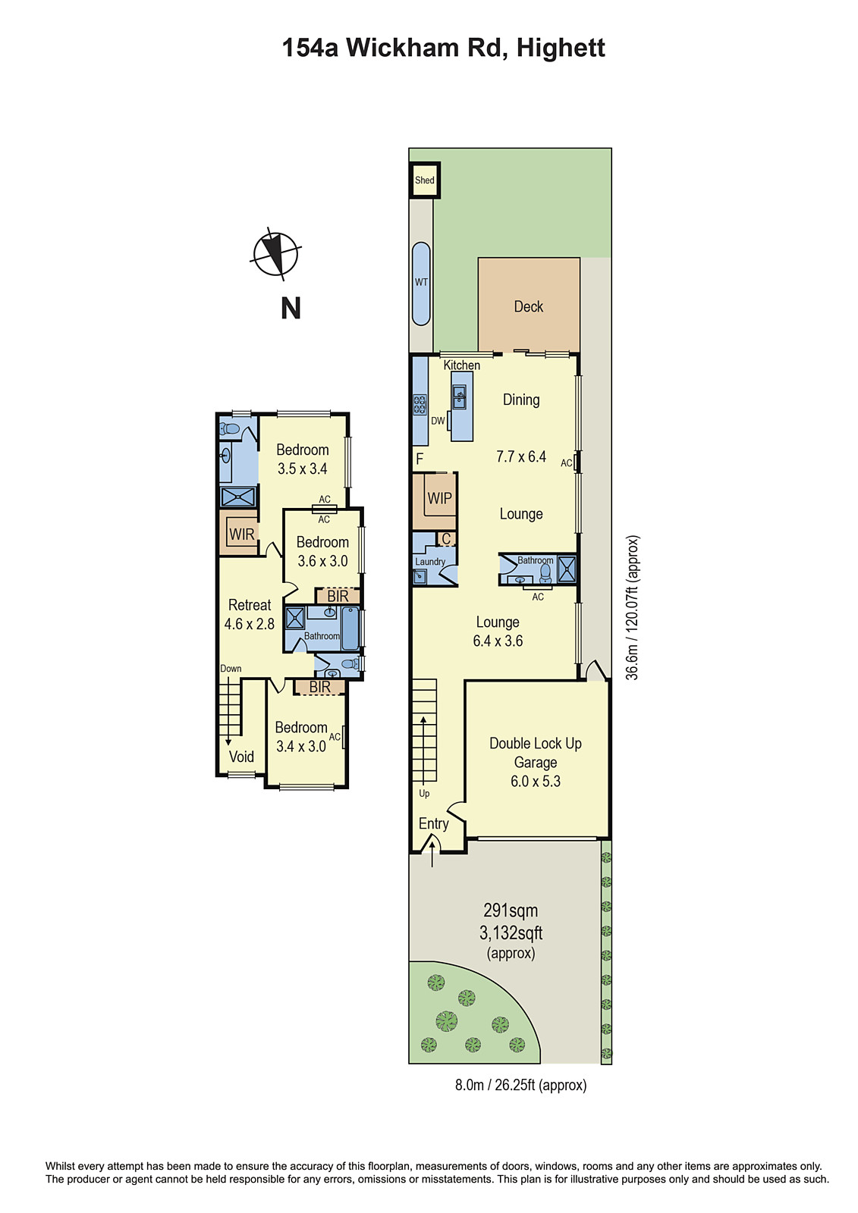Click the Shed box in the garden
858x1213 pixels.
(x=424, y=180)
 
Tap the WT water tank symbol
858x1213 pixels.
(x=421, y=283)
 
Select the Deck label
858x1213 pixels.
(x=528, y=306)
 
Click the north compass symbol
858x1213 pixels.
(x=275, y=253)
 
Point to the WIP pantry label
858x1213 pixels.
(x=439, y=498)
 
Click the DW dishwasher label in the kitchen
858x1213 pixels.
(x=438, y=421)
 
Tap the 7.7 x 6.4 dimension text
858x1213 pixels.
(x=520, y=456)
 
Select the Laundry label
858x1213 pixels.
(x=430, y=562)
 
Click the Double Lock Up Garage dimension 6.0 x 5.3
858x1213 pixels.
(x=535, y=782)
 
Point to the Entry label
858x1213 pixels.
(x=433, y=823)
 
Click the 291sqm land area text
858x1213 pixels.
(x=510, y=911)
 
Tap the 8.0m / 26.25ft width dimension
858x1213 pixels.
(x=520, y=1085)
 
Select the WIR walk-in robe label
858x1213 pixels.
(x=241, y=534)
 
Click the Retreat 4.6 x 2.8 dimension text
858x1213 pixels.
(x=249, y=624)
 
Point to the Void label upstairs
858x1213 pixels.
(x=241, y=757)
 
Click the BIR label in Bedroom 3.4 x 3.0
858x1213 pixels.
(x=319, y=687)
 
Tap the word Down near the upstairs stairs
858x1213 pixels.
(x=231, y=669)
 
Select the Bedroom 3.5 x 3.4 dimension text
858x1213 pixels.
(x=302, y=469)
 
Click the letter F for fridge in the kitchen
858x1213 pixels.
(x=420, y=459)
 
